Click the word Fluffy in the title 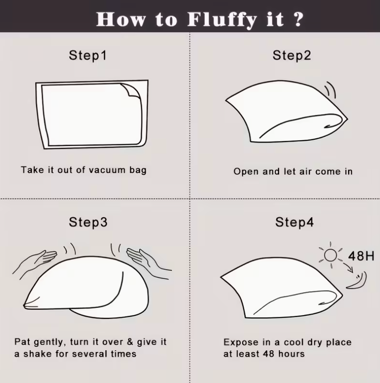pos(222,19)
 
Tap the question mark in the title pos(298,19)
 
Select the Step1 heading pos(88,56)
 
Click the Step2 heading pos(292,56)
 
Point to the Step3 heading pos(88,222)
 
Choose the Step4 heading pos(294,222)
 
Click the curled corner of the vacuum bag pos(131,90)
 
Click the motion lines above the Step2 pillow pos(330,90)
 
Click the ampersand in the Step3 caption pos(130,342)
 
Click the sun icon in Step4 pos(331,255)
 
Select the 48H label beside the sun pos(361,256)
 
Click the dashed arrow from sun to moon pos(348,267)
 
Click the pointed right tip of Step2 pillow pos(348,119)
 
